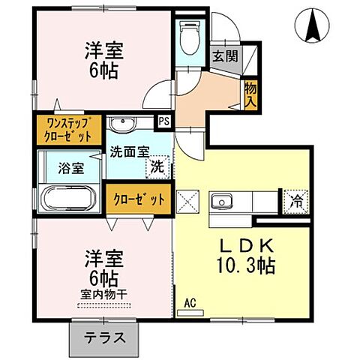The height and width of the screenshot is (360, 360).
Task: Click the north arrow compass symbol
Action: click(x=313, y=25)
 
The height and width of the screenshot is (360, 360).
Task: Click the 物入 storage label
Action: click(x=250, y=94)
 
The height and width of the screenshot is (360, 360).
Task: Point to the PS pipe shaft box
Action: click(x=163, y=119)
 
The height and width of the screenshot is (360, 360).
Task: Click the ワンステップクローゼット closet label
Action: click(x=68, y=130)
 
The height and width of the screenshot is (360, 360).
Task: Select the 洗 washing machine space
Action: click(x=157, y=167)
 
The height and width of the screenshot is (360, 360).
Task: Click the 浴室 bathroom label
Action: click(x=70, y=168)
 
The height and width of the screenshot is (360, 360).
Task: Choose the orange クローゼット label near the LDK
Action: click(x=138, y=199)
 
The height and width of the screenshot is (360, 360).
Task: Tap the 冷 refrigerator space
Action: click(x=296, y=200)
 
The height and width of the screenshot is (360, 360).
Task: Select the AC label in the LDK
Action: click(x=191, y=304)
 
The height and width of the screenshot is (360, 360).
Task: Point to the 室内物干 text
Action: click(x=103, y=293)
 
